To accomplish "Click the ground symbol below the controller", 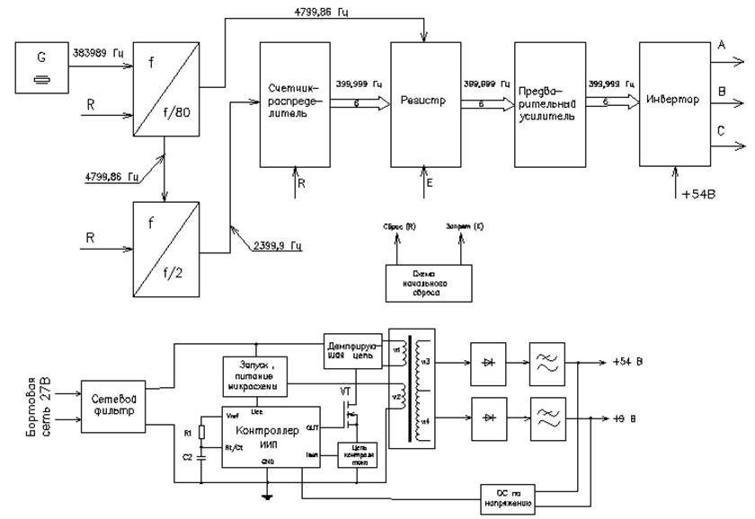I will pyautogui.click(x=267, y=497).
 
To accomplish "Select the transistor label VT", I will pyautogui.click(x=345, y=392).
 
